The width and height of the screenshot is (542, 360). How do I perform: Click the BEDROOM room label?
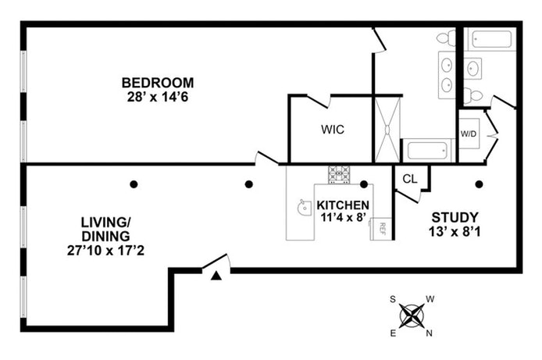[158, 83]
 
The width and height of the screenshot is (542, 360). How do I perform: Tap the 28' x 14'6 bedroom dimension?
[158, 97]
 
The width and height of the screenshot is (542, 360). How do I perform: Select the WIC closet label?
[333, 130]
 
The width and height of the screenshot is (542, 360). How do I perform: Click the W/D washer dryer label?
[469, 134]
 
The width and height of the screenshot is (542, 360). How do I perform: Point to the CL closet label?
[410, 179]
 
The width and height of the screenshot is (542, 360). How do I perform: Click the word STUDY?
[455, 218]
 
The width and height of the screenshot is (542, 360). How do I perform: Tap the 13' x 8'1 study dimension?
[455, 232]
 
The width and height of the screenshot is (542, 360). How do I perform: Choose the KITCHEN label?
[343, 205]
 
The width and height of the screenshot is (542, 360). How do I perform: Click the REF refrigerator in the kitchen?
[381, 229]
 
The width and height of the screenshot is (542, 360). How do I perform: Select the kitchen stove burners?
[339, 174]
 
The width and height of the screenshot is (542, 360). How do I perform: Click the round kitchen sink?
[303, 207]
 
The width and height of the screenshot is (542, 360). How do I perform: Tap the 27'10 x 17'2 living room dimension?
[105, 251]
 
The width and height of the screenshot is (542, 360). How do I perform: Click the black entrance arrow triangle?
[216, 276]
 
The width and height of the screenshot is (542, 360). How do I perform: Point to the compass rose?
[412, 315]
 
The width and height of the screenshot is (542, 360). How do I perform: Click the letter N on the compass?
[429, 333]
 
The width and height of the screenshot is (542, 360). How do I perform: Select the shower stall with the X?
[387, 130]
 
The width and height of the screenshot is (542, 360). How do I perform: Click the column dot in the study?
[479, 184]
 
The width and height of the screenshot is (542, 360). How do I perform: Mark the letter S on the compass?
[393, 299]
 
